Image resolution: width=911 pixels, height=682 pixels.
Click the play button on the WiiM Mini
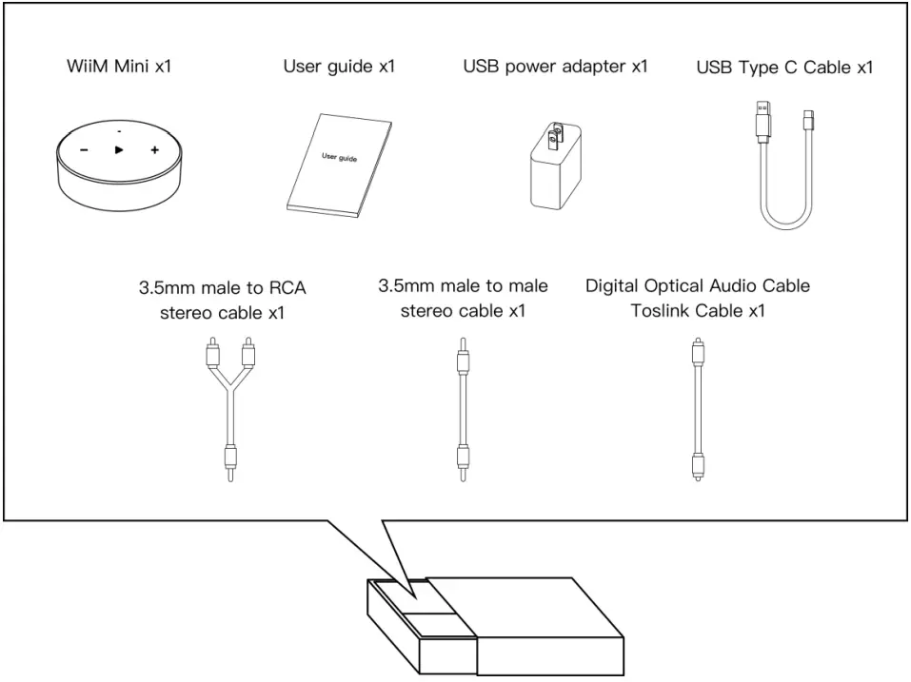pos(119,150)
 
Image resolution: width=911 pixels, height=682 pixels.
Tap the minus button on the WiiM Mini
pos(84,150)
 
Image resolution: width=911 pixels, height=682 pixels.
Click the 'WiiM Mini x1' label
pos(111,67)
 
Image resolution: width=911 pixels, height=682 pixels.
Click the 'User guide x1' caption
pos(339,67)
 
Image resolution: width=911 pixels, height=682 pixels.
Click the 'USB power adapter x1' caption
pos(555,67)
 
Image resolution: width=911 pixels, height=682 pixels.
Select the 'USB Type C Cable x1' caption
pos(785,68)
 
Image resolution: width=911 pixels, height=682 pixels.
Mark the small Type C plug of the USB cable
pos(808,120)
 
